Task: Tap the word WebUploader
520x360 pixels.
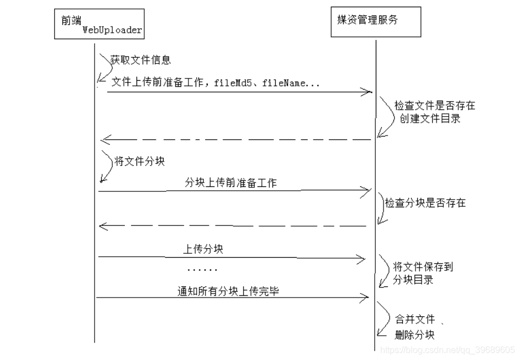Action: pyautogui.click(x=112, y=30)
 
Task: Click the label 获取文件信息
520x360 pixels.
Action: pyautogui.click(x=140, y=60)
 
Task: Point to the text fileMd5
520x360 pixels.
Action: pyautogui.click(x=233, y=82)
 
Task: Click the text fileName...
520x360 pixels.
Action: pyautogui.click(x=284, y=82)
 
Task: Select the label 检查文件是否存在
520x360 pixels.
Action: pyautogui.click(x=435, y=106)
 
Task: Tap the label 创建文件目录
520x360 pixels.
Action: pyautogui.click(x=430, y=118)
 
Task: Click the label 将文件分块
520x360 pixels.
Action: pyautogui.click(x=140, y=161)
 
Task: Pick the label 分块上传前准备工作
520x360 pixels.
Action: pyautogui.click(x=231, y=182)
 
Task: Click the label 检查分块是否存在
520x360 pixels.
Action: pyautogui.click(x=426, y=203)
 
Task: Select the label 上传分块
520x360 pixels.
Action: pyautogui.click(x=203, y=249)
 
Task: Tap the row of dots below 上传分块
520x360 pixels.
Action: pyautogui.click(x=202, y=270)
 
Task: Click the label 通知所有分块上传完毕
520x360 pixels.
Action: pyautogui.click(x=228, y=291)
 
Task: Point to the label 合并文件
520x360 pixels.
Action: pyautogui.click(x=415, y=319)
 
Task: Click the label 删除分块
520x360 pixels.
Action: pyautogui.click(x=414, y=335)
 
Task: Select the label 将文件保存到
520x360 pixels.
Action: pyautogui.click(x=423, y=267)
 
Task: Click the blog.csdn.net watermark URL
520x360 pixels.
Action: pyautogui.click(x=448, y=349)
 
